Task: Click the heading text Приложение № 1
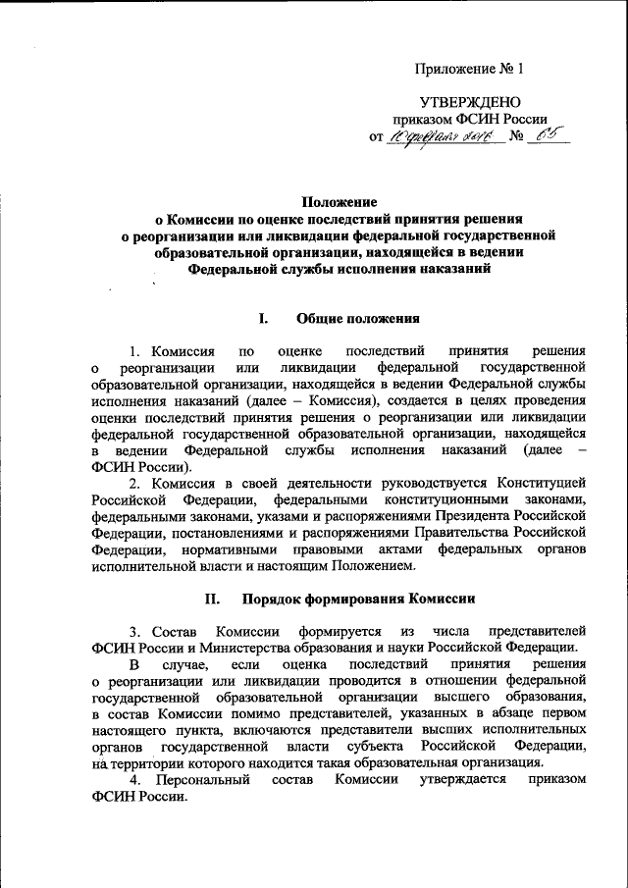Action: tap(470, 70)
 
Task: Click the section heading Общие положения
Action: tap(358, 318)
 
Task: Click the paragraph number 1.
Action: tap(133, 350)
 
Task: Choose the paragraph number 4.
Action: tap(133, 778)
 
